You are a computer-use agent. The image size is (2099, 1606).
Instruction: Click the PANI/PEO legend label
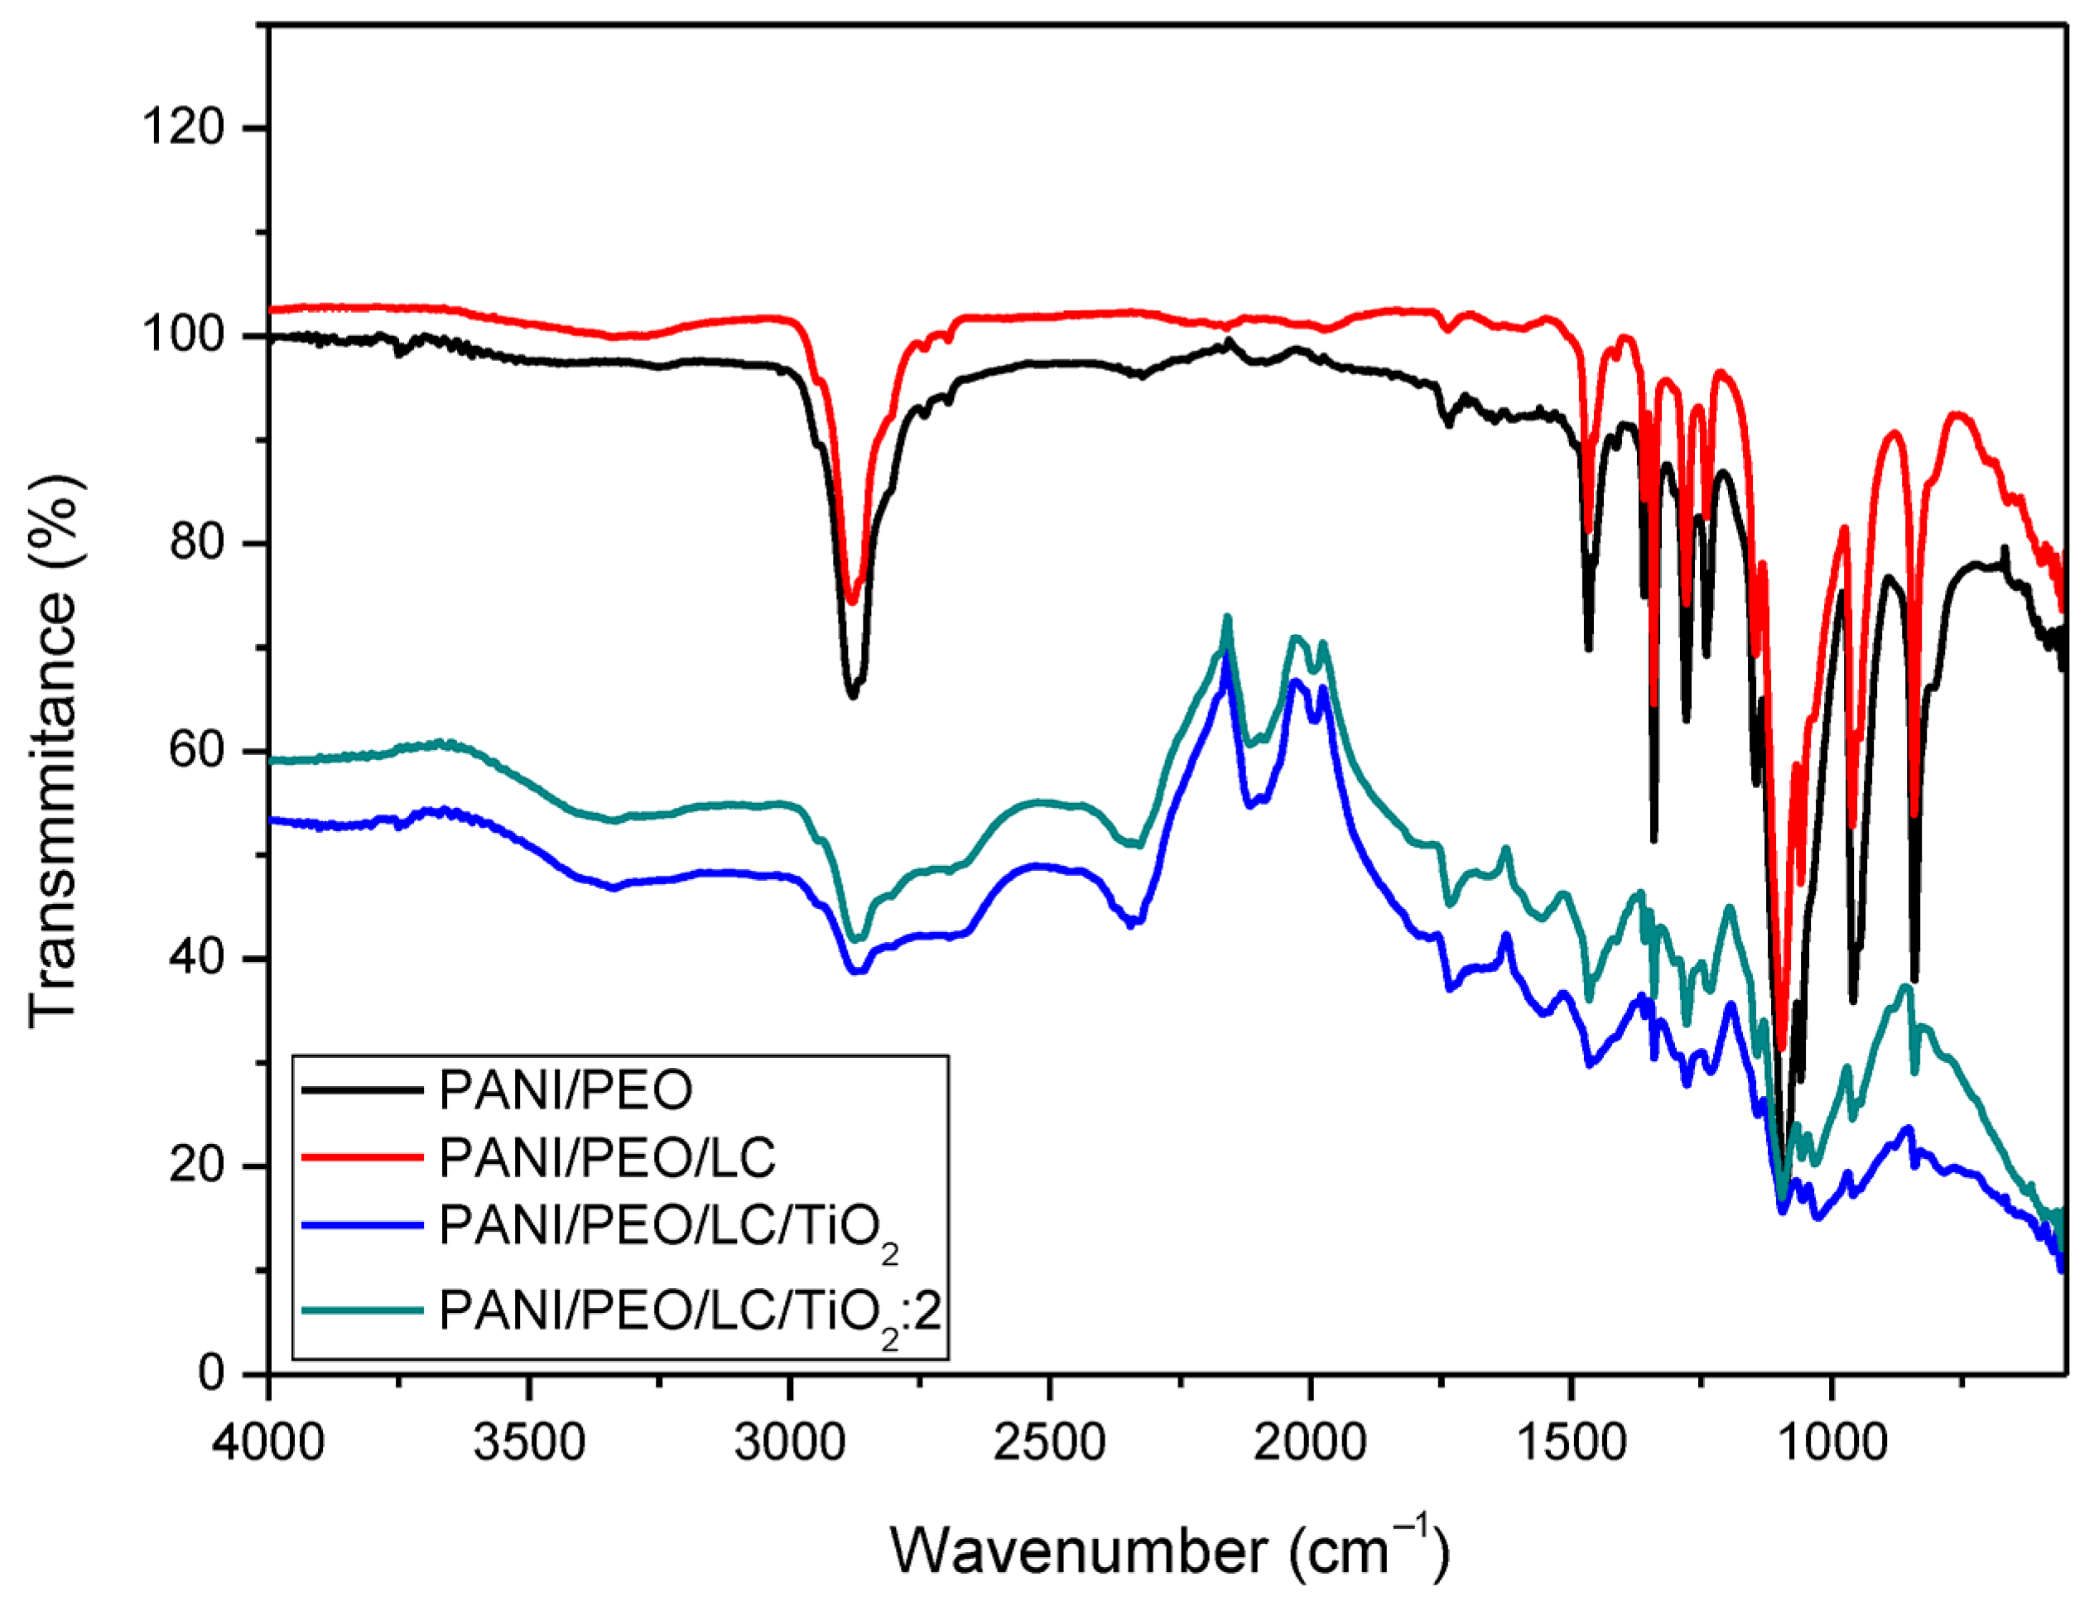[566, 1089]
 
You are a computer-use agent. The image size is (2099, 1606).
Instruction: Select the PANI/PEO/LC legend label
[606, 1157]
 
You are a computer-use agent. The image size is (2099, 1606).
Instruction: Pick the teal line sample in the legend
[362, 1310]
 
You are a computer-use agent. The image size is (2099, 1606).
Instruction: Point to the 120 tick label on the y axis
[184, 127]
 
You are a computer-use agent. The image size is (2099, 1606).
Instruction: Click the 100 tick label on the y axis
[184, 335]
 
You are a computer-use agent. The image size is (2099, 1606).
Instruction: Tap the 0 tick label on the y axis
[211, 1373]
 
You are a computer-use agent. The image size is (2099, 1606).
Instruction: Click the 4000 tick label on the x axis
[269, 1441]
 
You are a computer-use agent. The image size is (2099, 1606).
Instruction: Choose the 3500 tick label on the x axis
[529, 1441]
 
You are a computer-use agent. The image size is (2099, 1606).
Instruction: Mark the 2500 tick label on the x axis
[1049, 1441]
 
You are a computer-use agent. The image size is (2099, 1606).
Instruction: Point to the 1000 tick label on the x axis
[1832, 1441]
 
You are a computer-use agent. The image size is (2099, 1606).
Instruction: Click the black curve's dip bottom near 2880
[852, 695]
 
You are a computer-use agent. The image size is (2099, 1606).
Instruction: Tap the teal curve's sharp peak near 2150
[1227, 618]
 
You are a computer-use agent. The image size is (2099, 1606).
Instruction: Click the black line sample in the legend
[362, 1089]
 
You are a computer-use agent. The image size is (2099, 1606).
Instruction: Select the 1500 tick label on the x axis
[1570, 1441]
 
